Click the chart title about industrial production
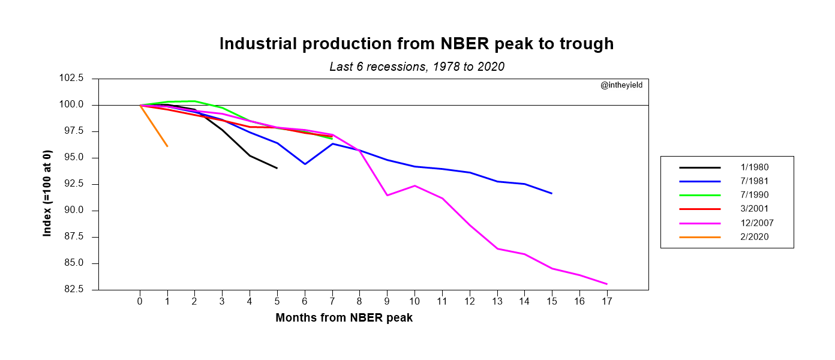coord(416,44)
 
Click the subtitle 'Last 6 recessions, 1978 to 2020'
coord(416,67)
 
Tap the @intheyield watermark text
coord(621,86)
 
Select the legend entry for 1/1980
coord(754,168)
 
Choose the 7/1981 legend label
coord(754,182)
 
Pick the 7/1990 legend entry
coord(754,196)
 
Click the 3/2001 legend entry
coord(754,209)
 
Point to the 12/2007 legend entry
coord(756,223)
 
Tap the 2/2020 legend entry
coord(754,237)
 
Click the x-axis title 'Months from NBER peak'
coord(344,319)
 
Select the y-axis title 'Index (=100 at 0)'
coord(47,184)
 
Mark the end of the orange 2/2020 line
coord(167,146)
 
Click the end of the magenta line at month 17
coord(607,284)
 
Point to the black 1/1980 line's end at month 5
coord(277,168)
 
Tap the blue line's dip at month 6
coord(305,164)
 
